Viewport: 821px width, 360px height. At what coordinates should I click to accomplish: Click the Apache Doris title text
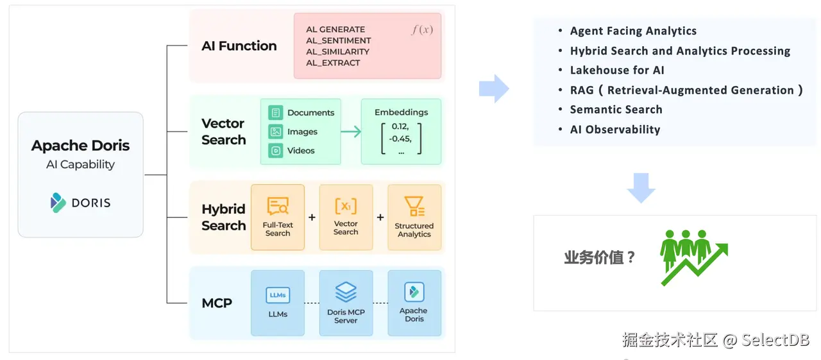click(x=80, y=146)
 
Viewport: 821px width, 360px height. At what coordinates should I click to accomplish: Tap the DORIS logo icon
click(x=58, y=203)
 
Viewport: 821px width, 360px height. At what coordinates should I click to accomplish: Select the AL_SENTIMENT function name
click(x=338, y=40)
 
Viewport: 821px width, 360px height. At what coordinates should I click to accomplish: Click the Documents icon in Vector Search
click(x=276, y=113)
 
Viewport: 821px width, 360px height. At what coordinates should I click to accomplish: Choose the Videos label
click(x=301, y=151)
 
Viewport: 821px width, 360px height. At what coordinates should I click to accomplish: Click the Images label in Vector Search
click(x=302, y=132)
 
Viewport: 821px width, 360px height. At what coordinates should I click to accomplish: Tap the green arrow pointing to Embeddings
click(x=351, y=132)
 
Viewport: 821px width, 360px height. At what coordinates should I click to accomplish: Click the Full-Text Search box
click(x=278, y=217)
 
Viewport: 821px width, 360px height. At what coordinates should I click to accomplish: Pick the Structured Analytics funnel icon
click(x=414, y=207)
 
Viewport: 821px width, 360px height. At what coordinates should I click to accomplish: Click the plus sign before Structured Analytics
click(x=380, y=218)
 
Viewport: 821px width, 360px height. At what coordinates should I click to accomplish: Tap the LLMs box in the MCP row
click(x=278, y=303)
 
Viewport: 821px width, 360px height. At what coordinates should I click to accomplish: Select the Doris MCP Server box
click(x=346, y=303)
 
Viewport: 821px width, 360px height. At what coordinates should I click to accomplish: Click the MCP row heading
click(x=217, y=303)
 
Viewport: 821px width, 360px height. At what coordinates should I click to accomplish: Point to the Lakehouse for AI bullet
click(x=617, y=71)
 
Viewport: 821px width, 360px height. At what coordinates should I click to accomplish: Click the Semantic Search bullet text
click(x=616, y=110)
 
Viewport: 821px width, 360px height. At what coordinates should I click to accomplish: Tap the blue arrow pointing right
click(x=494, y=89)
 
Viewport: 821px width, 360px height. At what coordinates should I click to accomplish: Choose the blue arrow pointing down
click(x=641, y=187)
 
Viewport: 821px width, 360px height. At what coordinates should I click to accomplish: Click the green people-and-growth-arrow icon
click(x=693, y=256)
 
